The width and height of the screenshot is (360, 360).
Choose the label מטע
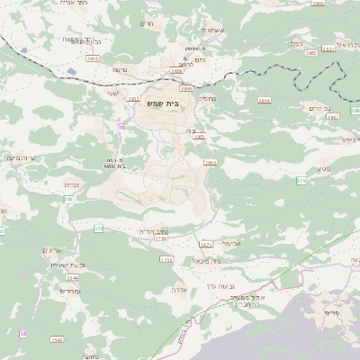(323, 168)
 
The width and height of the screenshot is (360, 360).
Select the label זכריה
(72, 184)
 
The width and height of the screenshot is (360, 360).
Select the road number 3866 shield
(264, 101)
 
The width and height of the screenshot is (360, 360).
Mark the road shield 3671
(205, 244)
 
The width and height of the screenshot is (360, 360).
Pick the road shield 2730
(161, 238)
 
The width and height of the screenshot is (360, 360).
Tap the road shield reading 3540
(57, 339)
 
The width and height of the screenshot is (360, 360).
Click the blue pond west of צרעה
(71, 70)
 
